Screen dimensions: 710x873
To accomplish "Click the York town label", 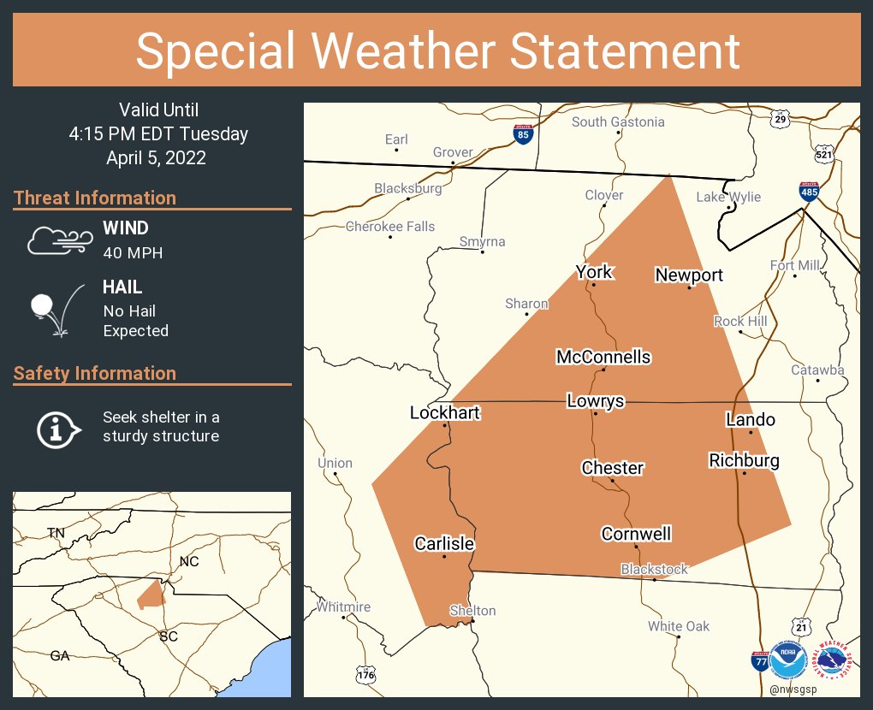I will (594, 272).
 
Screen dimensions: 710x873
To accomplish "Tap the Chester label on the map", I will (612, 468).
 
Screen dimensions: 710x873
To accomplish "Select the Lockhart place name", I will (445, 413).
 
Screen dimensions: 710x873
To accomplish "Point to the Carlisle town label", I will (444, 544).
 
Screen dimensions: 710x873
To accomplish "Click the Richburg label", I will (744, 461).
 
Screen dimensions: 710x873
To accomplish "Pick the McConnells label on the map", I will (603, 358).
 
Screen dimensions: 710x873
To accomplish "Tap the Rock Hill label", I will (740, 322).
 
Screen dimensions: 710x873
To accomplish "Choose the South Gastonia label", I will (618, 122).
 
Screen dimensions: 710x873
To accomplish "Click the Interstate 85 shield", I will (521, 133).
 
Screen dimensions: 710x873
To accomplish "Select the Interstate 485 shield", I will (809, 191).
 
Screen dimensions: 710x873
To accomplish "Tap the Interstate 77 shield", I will (759, 660).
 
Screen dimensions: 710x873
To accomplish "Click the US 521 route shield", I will (823, 154).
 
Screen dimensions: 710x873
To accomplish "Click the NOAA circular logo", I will (788, 660).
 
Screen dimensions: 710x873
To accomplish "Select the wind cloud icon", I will (57, 240).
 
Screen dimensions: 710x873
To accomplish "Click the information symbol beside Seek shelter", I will (57, 428).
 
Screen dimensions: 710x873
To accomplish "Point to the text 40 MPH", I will (133, 253).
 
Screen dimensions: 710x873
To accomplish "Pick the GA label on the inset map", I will (60, 656).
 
